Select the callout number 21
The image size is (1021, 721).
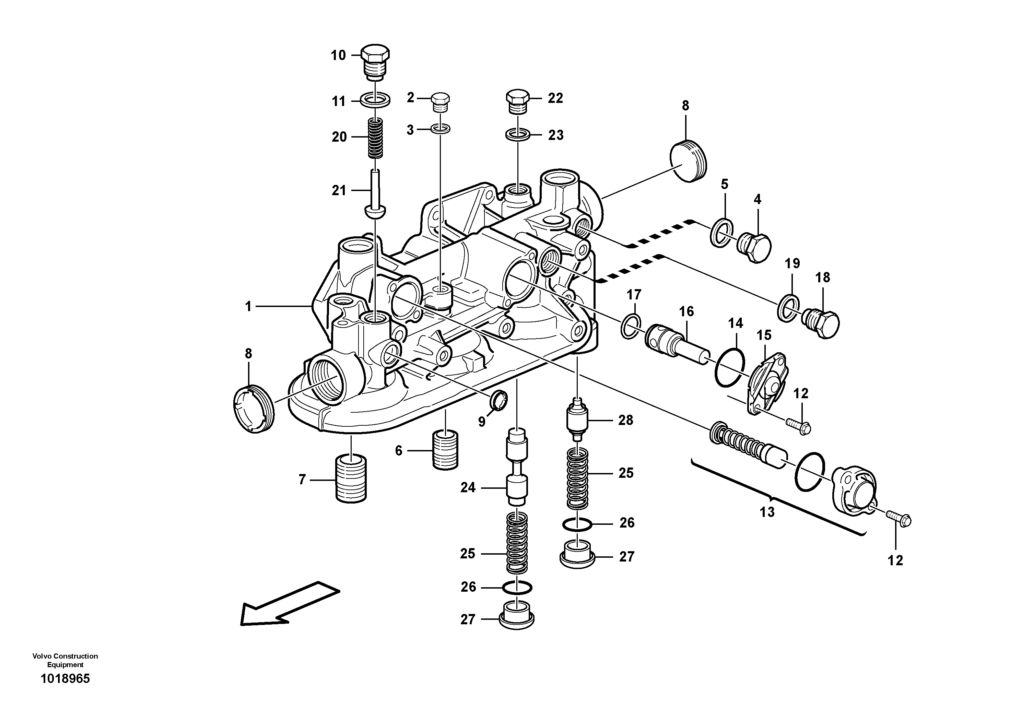pos(339,191)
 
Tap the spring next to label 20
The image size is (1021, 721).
pos(376,138)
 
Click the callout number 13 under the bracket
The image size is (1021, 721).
pos(767,512)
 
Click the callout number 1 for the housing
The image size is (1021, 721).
pos(248,306)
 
